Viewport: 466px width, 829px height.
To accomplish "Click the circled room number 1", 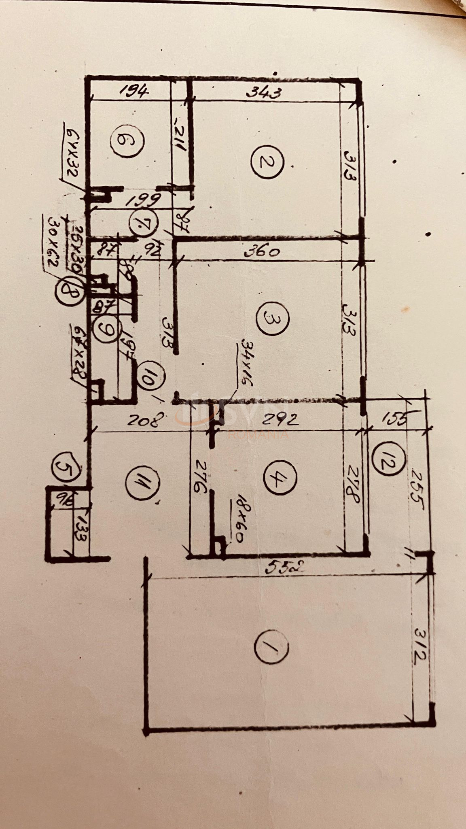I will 272,646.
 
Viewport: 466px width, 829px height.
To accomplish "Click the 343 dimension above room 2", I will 263,94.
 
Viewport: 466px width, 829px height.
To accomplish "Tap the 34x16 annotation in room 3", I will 243,363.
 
